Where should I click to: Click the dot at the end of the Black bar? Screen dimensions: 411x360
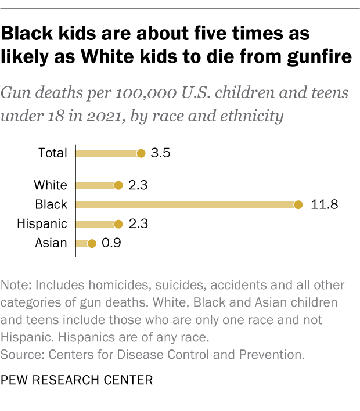click(x=298, y=204)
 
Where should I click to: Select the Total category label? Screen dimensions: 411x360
click(x=53, y=153)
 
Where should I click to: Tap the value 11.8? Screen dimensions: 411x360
click(x=323, y=204)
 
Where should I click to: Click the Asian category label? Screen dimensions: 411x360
click(x=52, y=243)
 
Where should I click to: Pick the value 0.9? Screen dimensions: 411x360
click(x=110, y=243)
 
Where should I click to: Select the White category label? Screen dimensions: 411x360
click(x=51, y=185)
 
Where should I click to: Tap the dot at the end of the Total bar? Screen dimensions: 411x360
click(x=141, y=153)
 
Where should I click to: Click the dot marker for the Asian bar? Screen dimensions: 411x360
click(x=91, y=243)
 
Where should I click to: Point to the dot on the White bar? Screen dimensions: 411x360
click(x=118, y=185)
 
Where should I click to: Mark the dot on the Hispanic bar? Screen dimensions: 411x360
click(x=118, y=223)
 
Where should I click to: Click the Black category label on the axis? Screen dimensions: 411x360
click(x=52, y=204)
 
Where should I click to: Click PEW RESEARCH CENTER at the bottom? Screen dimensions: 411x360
click(x=77, y=380)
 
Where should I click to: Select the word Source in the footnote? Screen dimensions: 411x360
click(x=20, y=354)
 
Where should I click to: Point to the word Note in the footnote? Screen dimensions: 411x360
click(x=14, y=286)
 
